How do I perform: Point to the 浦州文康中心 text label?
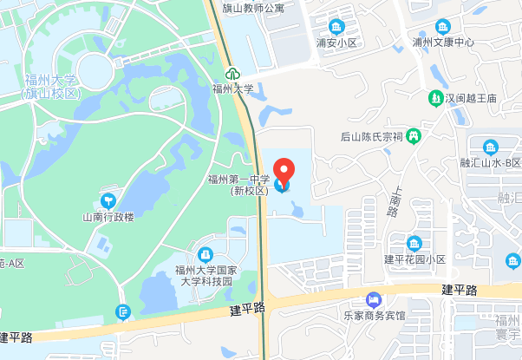[443, 42]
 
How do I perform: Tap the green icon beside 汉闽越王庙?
[435, 97]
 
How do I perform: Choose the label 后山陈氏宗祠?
[372, 136]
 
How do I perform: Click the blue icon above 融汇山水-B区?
[491, 147]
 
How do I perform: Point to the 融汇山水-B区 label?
[491, 163]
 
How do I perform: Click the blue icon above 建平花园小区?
[414, 243]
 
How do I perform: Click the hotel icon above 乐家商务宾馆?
[373, 299]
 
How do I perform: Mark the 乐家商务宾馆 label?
[373, 317]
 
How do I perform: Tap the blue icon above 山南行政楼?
[108, 200]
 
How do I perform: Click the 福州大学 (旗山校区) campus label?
[49, 87]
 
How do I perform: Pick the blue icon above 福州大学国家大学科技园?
[205, 254]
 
